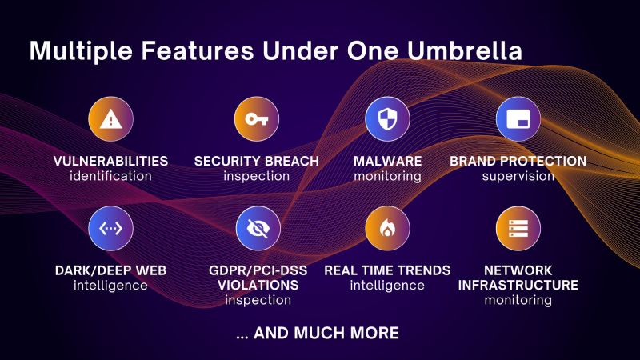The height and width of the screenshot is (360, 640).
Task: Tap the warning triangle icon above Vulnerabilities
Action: point(110,119)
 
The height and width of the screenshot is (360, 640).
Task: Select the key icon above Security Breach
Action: point(257,119)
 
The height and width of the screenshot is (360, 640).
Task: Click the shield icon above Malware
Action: point(387,119)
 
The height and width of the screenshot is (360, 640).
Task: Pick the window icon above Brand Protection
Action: point(518,119)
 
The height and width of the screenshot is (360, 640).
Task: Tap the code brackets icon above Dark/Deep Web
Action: point(110,229)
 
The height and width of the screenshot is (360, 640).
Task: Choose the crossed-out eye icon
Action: point(257,229)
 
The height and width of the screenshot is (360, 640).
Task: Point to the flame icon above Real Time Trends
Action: point(387,229)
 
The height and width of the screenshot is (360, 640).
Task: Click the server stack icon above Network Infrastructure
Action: point(518,229)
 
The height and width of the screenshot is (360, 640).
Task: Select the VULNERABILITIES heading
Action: point(110,162)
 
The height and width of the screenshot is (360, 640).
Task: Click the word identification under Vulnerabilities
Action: point(110,176)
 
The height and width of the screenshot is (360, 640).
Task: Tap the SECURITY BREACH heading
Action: point(257,162)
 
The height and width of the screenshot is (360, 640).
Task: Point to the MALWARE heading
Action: point(387,162)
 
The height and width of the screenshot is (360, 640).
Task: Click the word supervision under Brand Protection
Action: point(518,176)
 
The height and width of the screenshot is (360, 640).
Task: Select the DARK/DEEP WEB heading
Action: point(110,270)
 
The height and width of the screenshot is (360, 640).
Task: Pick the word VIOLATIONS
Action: point(257,285)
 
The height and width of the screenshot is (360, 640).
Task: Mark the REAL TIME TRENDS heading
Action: point(387,270)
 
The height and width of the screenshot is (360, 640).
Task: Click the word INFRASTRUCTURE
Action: point(518,285)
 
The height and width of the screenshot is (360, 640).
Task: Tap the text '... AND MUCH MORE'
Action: point(318,332)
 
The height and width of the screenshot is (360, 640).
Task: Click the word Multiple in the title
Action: point(77,51)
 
